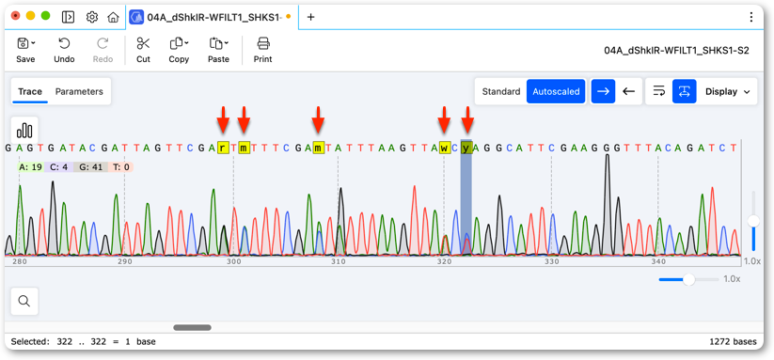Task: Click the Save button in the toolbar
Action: point(25,51)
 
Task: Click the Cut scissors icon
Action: point(143,44)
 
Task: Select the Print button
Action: point(263,51)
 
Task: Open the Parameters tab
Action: point(79,92)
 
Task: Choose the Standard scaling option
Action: point(501,92)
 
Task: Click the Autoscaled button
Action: point(556,92)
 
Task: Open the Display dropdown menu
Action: point(727,92)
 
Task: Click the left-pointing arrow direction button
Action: point(628,92)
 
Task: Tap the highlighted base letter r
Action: point(223,148)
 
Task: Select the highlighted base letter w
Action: point(445,148)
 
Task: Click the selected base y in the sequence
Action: point(466,148)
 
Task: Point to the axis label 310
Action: point(339,261)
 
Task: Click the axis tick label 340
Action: point(658,261)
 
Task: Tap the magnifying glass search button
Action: point(24,301)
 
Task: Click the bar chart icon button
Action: point(24,131)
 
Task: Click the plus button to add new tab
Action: point(310,17)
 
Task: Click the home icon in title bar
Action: point(113,17)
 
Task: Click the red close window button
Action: point(16,16)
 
